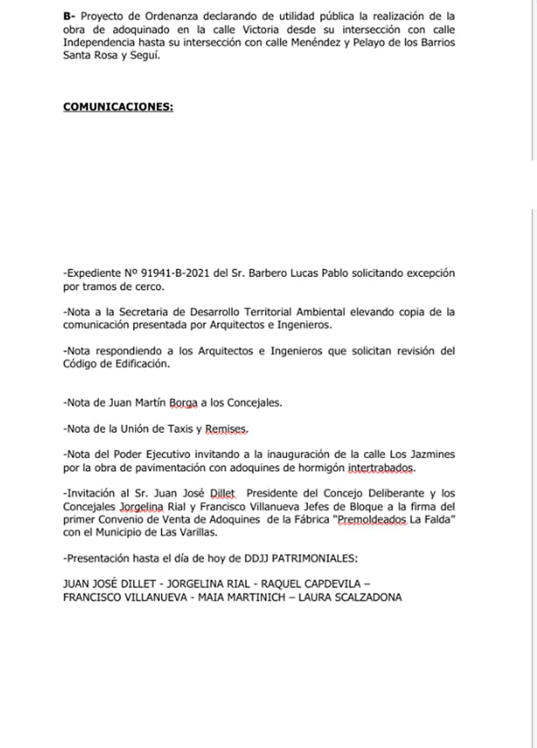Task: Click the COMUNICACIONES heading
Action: (118, 107)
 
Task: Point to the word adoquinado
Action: (134, 28)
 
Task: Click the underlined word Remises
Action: (229, 428)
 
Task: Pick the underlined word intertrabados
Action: (383, 466)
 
